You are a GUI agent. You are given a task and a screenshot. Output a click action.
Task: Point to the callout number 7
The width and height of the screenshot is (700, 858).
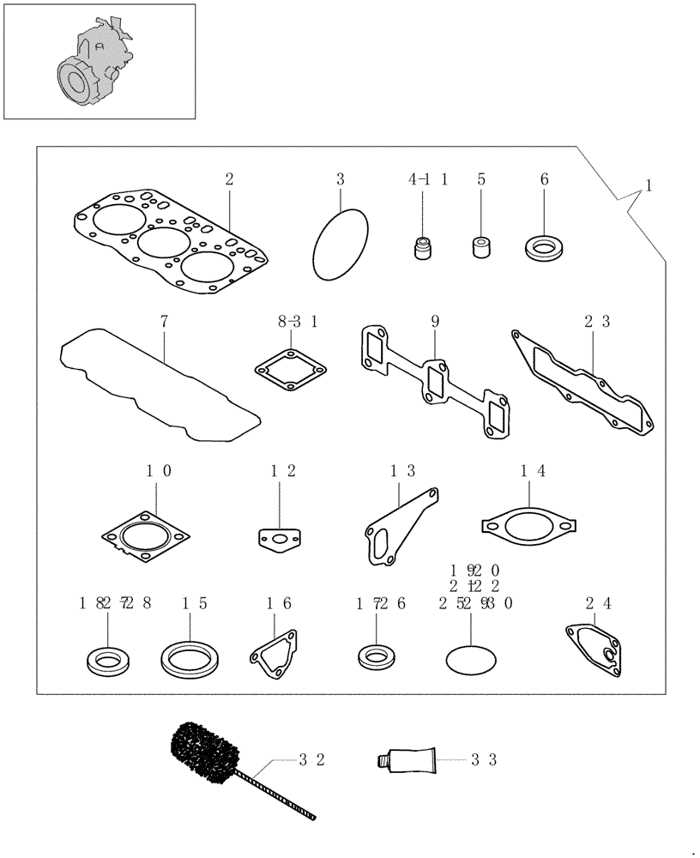click(164, 323)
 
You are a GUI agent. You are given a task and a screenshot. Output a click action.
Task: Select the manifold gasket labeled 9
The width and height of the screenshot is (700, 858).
click(433, 383)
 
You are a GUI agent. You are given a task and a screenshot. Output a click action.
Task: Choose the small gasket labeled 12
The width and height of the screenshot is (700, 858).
click(279, 538)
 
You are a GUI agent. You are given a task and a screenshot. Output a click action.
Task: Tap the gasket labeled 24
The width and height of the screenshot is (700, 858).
click(598, 651)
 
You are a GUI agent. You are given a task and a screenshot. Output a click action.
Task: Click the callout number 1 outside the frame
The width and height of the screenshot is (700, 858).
click(649, 185)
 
